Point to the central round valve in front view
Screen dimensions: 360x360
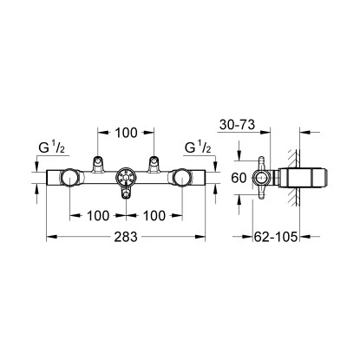126,178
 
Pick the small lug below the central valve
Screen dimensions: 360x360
126,197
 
